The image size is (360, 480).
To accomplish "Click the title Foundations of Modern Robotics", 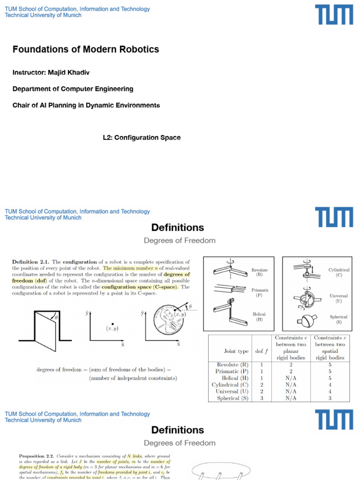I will tap(86, 49).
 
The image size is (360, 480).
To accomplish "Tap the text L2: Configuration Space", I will tap(142, 137).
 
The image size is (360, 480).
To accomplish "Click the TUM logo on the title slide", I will tap(334, 15).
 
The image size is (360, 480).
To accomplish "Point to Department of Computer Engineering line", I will tap(73, 89).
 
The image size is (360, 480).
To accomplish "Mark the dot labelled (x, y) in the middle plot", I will tap(112, 324).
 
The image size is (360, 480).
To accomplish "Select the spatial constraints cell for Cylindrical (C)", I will tap(330, 384).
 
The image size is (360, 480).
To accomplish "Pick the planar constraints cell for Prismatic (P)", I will tap(291, 371).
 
